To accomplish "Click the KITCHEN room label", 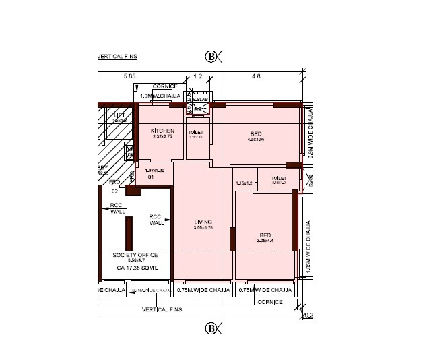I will [x=162, y=131].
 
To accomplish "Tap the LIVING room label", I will [x=203, y=222].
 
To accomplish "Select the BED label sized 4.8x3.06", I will [x=256, y=135].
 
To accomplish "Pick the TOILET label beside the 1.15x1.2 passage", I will [x=279, y=179].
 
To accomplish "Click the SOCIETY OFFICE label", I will [x=135, y=255].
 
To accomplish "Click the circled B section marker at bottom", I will [x=211, y=328].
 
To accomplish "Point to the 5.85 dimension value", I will [x=129, y=76].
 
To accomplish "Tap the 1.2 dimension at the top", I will [x=198, y=76].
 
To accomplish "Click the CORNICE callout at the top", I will [x=165, y=86].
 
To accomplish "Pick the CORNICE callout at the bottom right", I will [x=269, y=302].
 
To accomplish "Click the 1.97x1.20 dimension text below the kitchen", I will [x=155, y=171].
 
